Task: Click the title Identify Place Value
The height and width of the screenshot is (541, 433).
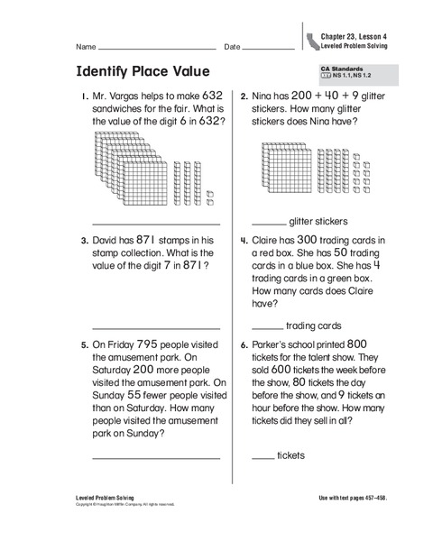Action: [143, 71]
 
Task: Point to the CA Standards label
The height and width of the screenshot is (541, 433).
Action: [338, 68]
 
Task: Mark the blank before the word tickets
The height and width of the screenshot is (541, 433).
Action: [263, 458]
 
